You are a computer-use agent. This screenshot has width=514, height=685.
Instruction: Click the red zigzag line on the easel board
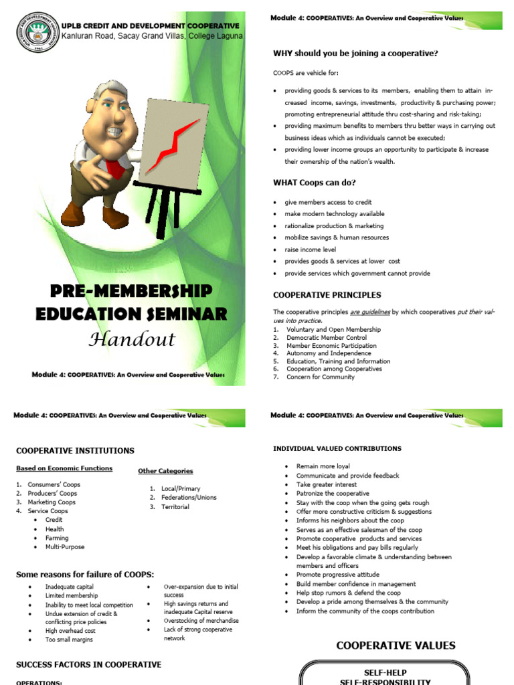coord(172,144)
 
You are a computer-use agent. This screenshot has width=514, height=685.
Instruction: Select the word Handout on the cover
coord(132,339)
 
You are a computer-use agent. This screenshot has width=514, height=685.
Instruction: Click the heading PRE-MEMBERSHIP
coord(132,291)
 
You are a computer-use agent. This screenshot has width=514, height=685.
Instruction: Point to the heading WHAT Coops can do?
coord(315,183)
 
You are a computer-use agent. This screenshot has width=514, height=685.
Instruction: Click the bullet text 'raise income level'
coord(310,250)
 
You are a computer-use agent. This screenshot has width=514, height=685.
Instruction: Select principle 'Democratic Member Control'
coord(327,338)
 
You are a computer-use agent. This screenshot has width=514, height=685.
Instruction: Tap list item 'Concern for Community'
coord(321,377)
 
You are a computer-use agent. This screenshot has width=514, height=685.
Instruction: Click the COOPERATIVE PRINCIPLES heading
coord(327,295)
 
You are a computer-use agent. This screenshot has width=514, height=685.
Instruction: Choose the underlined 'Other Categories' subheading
coord(165,471)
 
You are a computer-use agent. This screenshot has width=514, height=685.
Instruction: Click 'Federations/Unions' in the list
coord(189,498)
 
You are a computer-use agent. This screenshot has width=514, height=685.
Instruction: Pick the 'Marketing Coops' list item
coord(52,502)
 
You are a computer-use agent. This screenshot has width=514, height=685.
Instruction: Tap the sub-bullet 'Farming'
coord(58,538)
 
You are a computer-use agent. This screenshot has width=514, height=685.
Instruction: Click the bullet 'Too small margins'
coord(69,640)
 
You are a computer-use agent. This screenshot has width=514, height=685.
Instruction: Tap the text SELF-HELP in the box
coord(385,672)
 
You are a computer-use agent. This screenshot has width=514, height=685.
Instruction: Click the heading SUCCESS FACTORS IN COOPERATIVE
coord(88,665)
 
